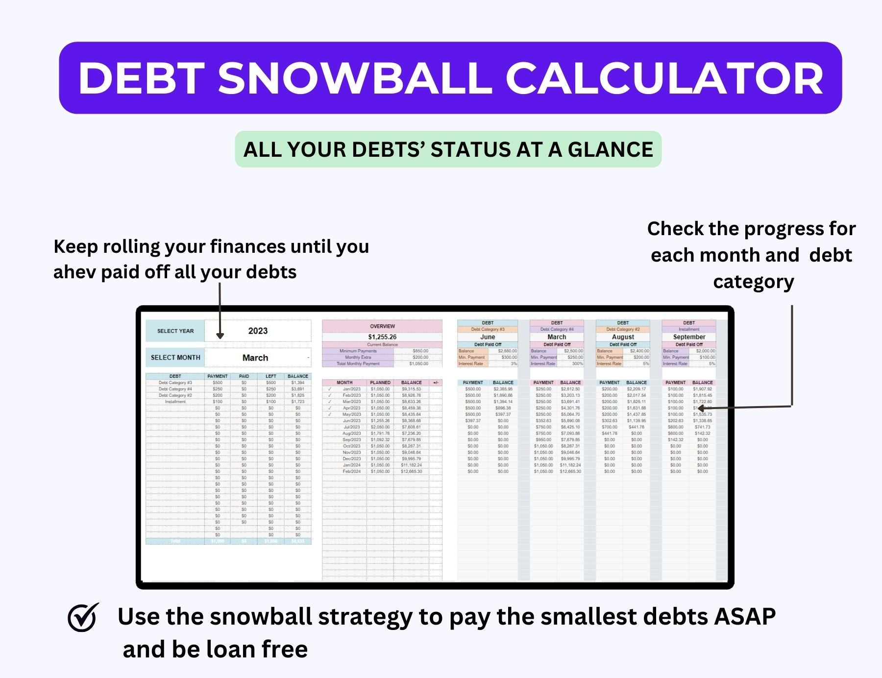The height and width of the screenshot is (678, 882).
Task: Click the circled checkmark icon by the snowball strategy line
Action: (x=82, y=617)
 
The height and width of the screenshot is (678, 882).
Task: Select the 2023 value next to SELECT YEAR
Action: (x=258, y=331)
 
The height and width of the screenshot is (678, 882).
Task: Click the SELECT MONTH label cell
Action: (x=175, y=358)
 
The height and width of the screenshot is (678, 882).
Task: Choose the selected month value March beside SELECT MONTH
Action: (x=255, y=358)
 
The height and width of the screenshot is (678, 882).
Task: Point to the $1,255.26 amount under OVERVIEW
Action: (x=382, y=337)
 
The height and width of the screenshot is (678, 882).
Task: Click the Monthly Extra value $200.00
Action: (x=420, y=357)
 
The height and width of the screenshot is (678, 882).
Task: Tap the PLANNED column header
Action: (x=380, y=383)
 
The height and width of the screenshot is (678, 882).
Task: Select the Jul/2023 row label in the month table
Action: (x=352, y=427)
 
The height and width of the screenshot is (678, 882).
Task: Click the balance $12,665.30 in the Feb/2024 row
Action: (x=411, y=472)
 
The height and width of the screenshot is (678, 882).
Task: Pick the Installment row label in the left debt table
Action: (x=175, y=402)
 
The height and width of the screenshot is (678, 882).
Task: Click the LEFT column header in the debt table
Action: (x=270, y=376)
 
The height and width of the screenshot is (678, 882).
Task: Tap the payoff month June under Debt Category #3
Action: (x=488, y=337)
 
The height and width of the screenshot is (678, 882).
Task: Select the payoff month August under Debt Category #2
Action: (x=623, y=337)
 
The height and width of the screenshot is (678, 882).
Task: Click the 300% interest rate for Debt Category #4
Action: (x=577, y=363)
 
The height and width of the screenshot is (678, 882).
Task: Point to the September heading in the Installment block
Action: (x=689, y=337)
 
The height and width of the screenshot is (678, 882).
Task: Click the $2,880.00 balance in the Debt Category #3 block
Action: (x=507, y=351)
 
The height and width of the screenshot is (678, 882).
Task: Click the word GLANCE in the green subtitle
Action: (x=610, y=149)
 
